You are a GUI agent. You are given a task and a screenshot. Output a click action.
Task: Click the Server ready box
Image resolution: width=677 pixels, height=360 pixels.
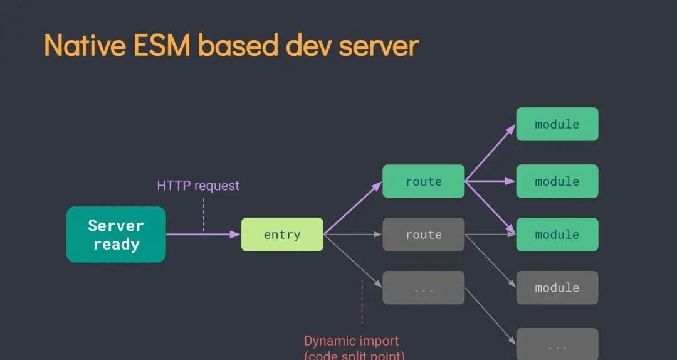(x=116, y=235)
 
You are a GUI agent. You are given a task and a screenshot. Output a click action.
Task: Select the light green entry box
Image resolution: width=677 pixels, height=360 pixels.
(x=282, y=235)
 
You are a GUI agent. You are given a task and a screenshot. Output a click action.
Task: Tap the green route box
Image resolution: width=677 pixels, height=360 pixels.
(x=424, y=181)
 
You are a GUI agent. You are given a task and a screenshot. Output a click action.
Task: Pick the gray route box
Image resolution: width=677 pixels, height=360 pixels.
(x=424, y=235)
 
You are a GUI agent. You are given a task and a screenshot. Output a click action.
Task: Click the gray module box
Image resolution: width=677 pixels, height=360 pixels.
(x=557, y=288)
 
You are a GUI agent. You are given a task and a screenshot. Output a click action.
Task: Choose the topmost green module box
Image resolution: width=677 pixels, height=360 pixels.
(x=557, y=124)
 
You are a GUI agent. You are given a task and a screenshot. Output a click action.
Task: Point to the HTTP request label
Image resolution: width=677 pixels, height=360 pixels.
(x=198, y=186)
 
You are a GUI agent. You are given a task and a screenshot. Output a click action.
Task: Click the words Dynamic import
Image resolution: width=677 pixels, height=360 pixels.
(x=351, y=341)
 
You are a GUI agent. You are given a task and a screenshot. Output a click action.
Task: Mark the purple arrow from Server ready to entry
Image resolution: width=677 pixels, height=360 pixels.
(x=204, y=235)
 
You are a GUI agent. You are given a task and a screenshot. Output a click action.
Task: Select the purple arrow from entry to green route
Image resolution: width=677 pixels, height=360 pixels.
(x=352, y=208)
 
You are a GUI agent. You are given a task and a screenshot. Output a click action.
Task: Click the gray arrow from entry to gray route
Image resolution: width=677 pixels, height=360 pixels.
(x=352, y=235)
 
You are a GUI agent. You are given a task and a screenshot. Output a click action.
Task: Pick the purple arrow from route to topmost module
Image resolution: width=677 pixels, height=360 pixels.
(x=490, y=152)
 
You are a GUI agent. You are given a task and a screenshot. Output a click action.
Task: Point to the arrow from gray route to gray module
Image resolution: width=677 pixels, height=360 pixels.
(x=490, y=262)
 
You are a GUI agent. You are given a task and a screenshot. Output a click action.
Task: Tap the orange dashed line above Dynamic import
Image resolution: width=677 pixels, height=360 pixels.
(x=362, y=302)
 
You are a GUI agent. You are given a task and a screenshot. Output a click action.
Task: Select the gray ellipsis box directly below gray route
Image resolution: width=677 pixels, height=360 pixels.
(x=424, y=288)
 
